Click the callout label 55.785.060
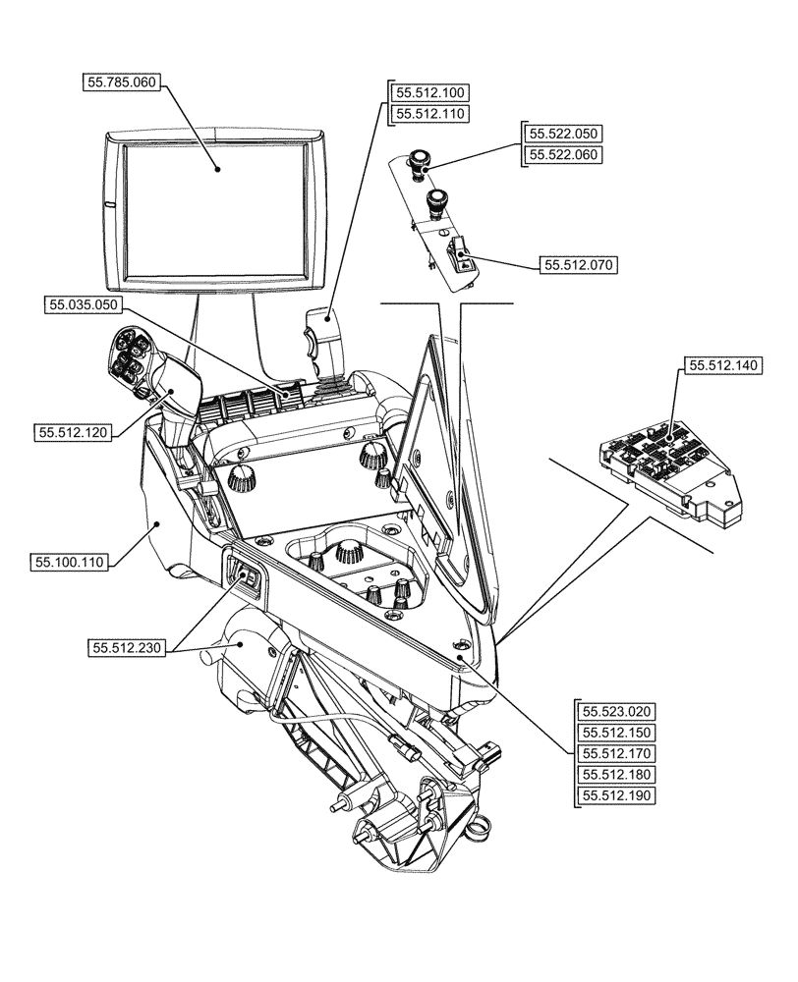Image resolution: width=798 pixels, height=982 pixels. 121,83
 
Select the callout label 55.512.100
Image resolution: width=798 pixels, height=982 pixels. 431,92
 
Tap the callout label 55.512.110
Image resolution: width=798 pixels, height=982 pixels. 431,114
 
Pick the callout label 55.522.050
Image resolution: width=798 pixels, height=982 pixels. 564,133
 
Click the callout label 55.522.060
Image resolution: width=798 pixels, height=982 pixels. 564,154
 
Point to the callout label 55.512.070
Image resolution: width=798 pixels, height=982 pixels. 579,265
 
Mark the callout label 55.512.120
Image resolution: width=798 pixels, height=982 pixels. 73,431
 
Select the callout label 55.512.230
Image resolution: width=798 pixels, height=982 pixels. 128,647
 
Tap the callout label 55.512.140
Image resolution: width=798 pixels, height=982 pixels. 721,364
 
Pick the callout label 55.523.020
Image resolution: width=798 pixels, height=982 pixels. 617,711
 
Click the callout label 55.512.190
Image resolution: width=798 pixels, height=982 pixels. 617,796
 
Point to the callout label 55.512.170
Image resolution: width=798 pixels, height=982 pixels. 617,753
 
